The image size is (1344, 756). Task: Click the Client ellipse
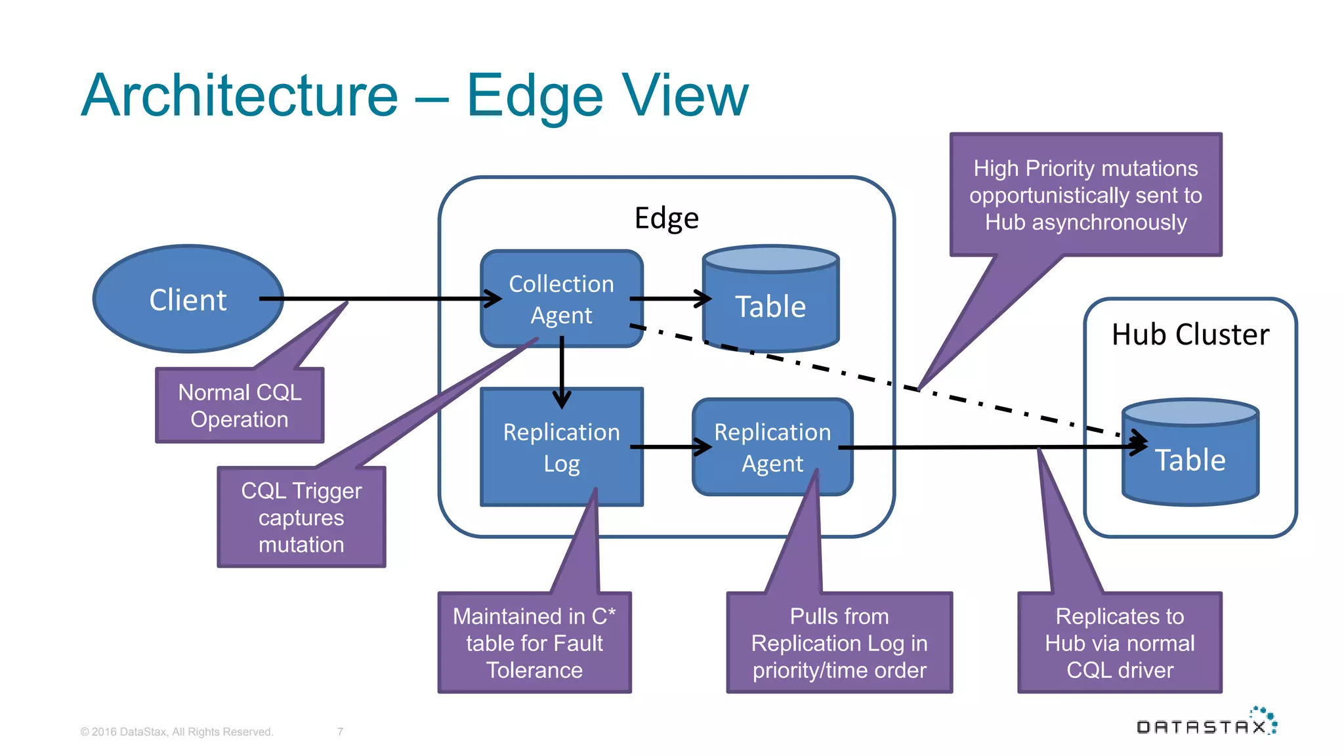click(188, 299)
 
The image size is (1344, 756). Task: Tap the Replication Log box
click(561, 448)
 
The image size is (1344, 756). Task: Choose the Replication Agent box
click(772, 448)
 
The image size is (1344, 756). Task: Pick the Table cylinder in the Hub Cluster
click(1190, 459)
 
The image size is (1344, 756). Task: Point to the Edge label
click(666, 218)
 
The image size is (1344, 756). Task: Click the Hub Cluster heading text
click(1190, 335)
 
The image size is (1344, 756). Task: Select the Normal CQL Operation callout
click(240, 406)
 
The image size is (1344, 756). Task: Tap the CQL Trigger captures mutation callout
click(301, 517)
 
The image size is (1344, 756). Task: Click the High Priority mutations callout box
click(1085, 195)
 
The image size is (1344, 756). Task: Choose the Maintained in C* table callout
click(534, 643)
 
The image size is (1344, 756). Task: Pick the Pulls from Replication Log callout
click(839, 643)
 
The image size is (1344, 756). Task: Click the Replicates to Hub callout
click(1120, 643)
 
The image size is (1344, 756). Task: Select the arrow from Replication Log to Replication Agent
click(669, 448)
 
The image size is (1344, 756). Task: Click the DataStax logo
click(1206, 723)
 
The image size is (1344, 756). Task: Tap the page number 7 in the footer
click(340, 732)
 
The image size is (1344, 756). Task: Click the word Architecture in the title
click(240, 96)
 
